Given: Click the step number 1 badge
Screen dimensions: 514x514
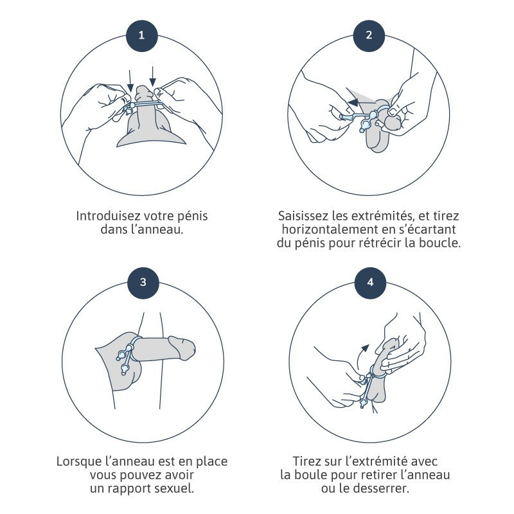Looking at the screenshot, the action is [x=141, y=35].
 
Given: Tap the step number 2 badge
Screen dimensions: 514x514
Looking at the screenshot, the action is [x=369, y=35].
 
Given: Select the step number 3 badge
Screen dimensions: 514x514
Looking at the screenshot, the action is [x=143, y=283].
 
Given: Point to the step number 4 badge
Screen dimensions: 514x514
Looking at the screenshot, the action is [x=371, y=283].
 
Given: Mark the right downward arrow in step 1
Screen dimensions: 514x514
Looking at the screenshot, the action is [x=152, y=77].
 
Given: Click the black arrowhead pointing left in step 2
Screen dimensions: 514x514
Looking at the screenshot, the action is [x=353, y=102].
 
